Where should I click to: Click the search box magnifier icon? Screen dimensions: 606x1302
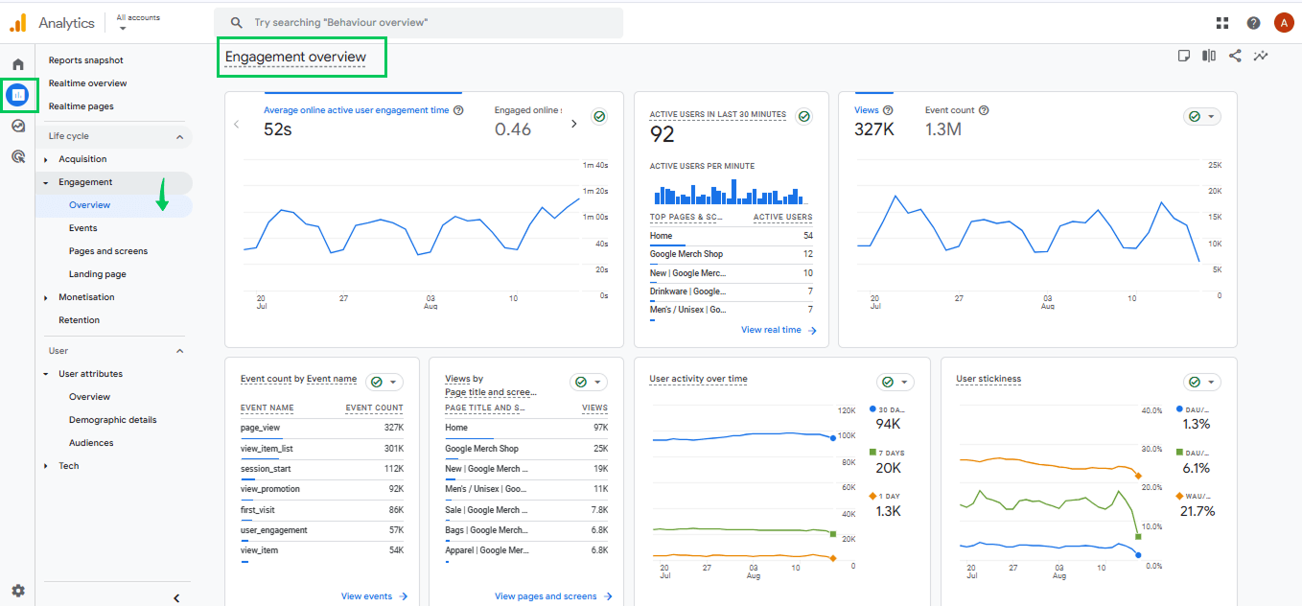point(236,23)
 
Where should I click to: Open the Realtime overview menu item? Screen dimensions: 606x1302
point(88,83)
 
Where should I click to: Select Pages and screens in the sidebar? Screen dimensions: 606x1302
point(108,251)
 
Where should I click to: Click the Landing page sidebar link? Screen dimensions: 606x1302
point(98,274)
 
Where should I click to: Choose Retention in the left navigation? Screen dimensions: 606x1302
point(79,320)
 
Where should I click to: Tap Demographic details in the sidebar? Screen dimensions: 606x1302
point(112,420)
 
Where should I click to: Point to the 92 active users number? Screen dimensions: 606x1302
point(663,134)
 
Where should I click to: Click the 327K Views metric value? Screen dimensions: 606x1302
point(873,128)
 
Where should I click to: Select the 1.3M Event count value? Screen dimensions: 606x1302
point(943,128)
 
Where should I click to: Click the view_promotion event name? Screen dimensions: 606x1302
point(270,489)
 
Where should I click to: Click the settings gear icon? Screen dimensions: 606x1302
point(18,591)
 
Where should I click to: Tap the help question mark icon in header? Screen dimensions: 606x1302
point(1253,23)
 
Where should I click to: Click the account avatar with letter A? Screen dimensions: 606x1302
point(1284,23)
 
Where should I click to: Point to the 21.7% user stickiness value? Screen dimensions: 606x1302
point(1197,511)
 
